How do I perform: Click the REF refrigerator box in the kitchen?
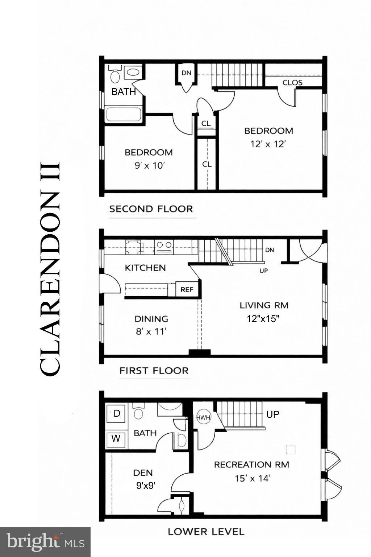(187, 289)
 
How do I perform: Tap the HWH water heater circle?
(203, 417)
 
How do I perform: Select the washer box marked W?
(116, 439)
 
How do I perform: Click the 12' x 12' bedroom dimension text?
(268, 144)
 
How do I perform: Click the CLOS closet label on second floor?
(292, 82)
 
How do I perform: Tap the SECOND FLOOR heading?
(151, 209)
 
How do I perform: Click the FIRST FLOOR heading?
(154, 371)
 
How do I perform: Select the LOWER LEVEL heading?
(206, 532)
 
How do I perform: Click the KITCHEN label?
(145, 268)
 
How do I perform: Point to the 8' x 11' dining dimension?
(151, 331)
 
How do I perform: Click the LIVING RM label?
(264, 305)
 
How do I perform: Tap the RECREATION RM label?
(251, 465)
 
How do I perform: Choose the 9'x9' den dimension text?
(146, 486)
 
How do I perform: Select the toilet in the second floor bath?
(115, 75)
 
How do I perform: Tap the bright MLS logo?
(45, 542)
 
